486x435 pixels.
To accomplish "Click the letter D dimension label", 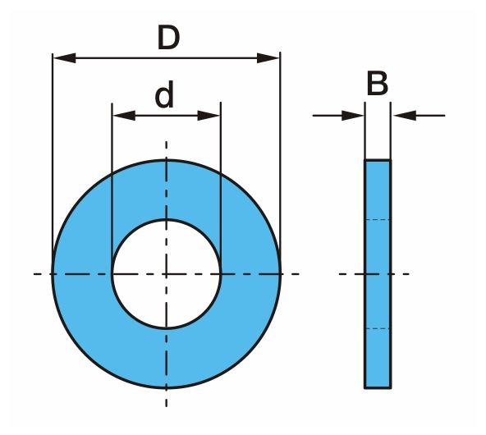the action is [x=168, y=38].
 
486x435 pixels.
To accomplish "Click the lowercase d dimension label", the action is [x=164, y=94].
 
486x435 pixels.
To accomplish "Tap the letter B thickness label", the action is [x=377, y=84].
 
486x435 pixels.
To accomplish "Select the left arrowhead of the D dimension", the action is [x=65, y=58].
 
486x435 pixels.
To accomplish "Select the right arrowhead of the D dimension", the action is [x=268, y=58].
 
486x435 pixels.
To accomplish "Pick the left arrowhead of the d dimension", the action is [x=124, y=116].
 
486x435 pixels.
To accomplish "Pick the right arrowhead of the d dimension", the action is [x=209, y=116].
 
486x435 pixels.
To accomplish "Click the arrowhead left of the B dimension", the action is [x=353, y=116].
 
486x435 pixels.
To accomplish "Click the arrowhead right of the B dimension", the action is [x=405, y=116].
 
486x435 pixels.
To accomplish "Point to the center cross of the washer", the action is [x=167, y=274].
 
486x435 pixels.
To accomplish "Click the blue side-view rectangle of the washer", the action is [x=378, y=274].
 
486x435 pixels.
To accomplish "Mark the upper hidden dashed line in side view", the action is [x=378, y=220].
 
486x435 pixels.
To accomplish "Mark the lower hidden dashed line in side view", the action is [x=378, y=328].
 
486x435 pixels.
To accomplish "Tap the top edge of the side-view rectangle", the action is [x=378, y=160].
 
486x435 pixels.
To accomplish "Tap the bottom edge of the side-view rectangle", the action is [x=378, y=387].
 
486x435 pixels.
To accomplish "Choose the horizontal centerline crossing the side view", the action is [x=374, y=274].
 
